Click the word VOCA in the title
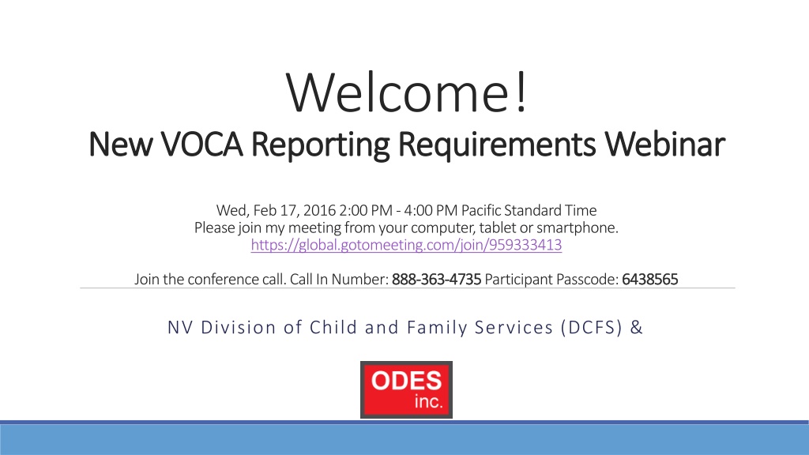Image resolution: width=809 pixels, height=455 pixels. (x=201, y=144)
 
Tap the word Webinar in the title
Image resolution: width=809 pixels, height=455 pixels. (x=664, y=144)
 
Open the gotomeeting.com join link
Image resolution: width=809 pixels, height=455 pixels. (x=407, y=245)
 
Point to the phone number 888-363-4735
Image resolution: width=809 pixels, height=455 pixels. (x=436, y=279)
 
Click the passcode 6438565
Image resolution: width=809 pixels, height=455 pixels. (x=650, y=279)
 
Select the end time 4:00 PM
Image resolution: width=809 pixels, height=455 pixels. (x=431, y=210)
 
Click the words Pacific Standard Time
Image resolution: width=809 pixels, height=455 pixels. (x=529, y=210)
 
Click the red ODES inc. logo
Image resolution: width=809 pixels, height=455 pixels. (x=407, y=390)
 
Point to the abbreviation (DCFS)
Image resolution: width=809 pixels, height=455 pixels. (x=592, y=328)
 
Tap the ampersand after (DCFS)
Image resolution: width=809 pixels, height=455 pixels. (x=637, y=328)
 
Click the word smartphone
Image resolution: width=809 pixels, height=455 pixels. (x=578, y=227)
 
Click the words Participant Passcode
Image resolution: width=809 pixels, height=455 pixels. (x=551, y=279)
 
